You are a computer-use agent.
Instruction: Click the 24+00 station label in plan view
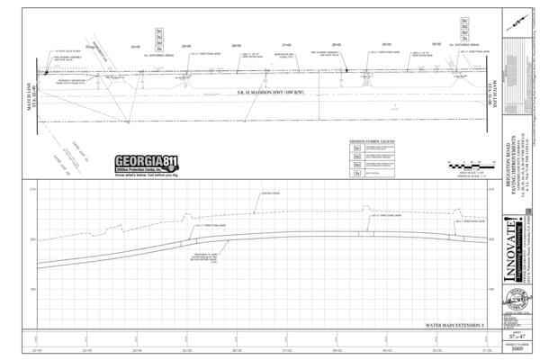136,45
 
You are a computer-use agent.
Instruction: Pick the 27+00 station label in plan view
286,44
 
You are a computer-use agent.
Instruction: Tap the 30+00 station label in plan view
436,44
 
